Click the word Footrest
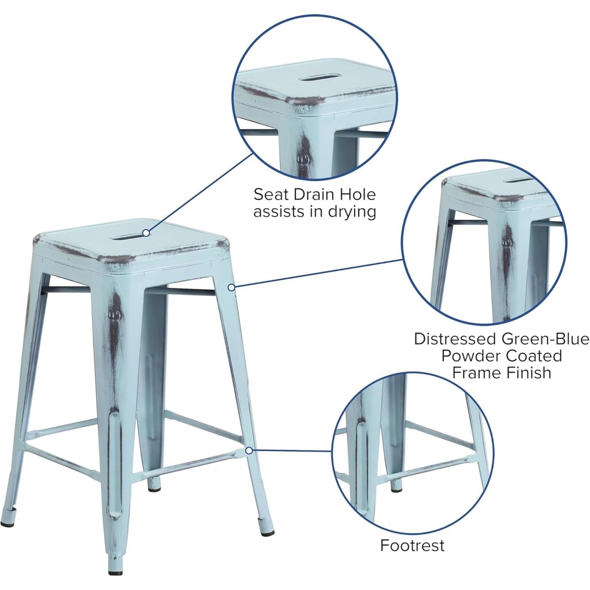click(412, 545)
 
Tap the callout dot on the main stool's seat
click(146, 233)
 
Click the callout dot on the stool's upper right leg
click(232, 288)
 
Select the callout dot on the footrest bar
click(249, 450)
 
